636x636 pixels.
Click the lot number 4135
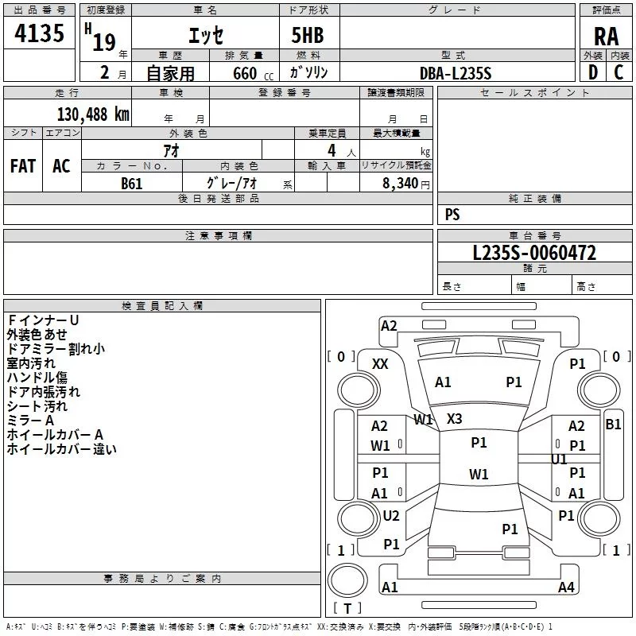(39, 33)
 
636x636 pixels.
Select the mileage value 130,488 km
(93, 114)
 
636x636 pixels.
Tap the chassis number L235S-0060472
(534, 253)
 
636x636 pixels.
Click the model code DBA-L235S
(456, 73)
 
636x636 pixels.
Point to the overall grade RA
(606, 37)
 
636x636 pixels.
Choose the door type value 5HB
(308, 35)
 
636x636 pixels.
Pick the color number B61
(131, 184)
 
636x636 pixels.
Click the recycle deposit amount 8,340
(401, 184)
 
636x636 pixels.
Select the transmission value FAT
(23, 166)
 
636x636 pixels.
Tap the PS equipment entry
(452, 214)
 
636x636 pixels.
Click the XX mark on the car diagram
(380, 364)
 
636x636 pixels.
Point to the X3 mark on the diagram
(454, 419)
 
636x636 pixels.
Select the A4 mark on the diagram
(566, 588)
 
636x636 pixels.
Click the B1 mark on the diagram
(613, 425)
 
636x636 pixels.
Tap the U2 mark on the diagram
(391, 515)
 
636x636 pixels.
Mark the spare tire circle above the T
(347, 580)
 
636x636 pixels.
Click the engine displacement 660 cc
(253, 74)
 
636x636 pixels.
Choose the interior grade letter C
(619, 72)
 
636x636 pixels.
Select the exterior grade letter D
(593, 72)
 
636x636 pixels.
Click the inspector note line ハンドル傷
(37, 378)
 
